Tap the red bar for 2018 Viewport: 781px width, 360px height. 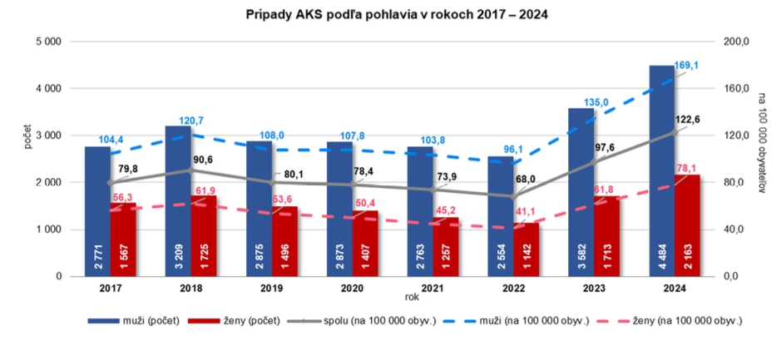point(204,236)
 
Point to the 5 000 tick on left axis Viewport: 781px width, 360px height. point(48,41)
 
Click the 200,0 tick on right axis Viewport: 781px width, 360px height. point(737,41)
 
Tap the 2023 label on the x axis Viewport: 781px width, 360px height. point(593,288)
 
